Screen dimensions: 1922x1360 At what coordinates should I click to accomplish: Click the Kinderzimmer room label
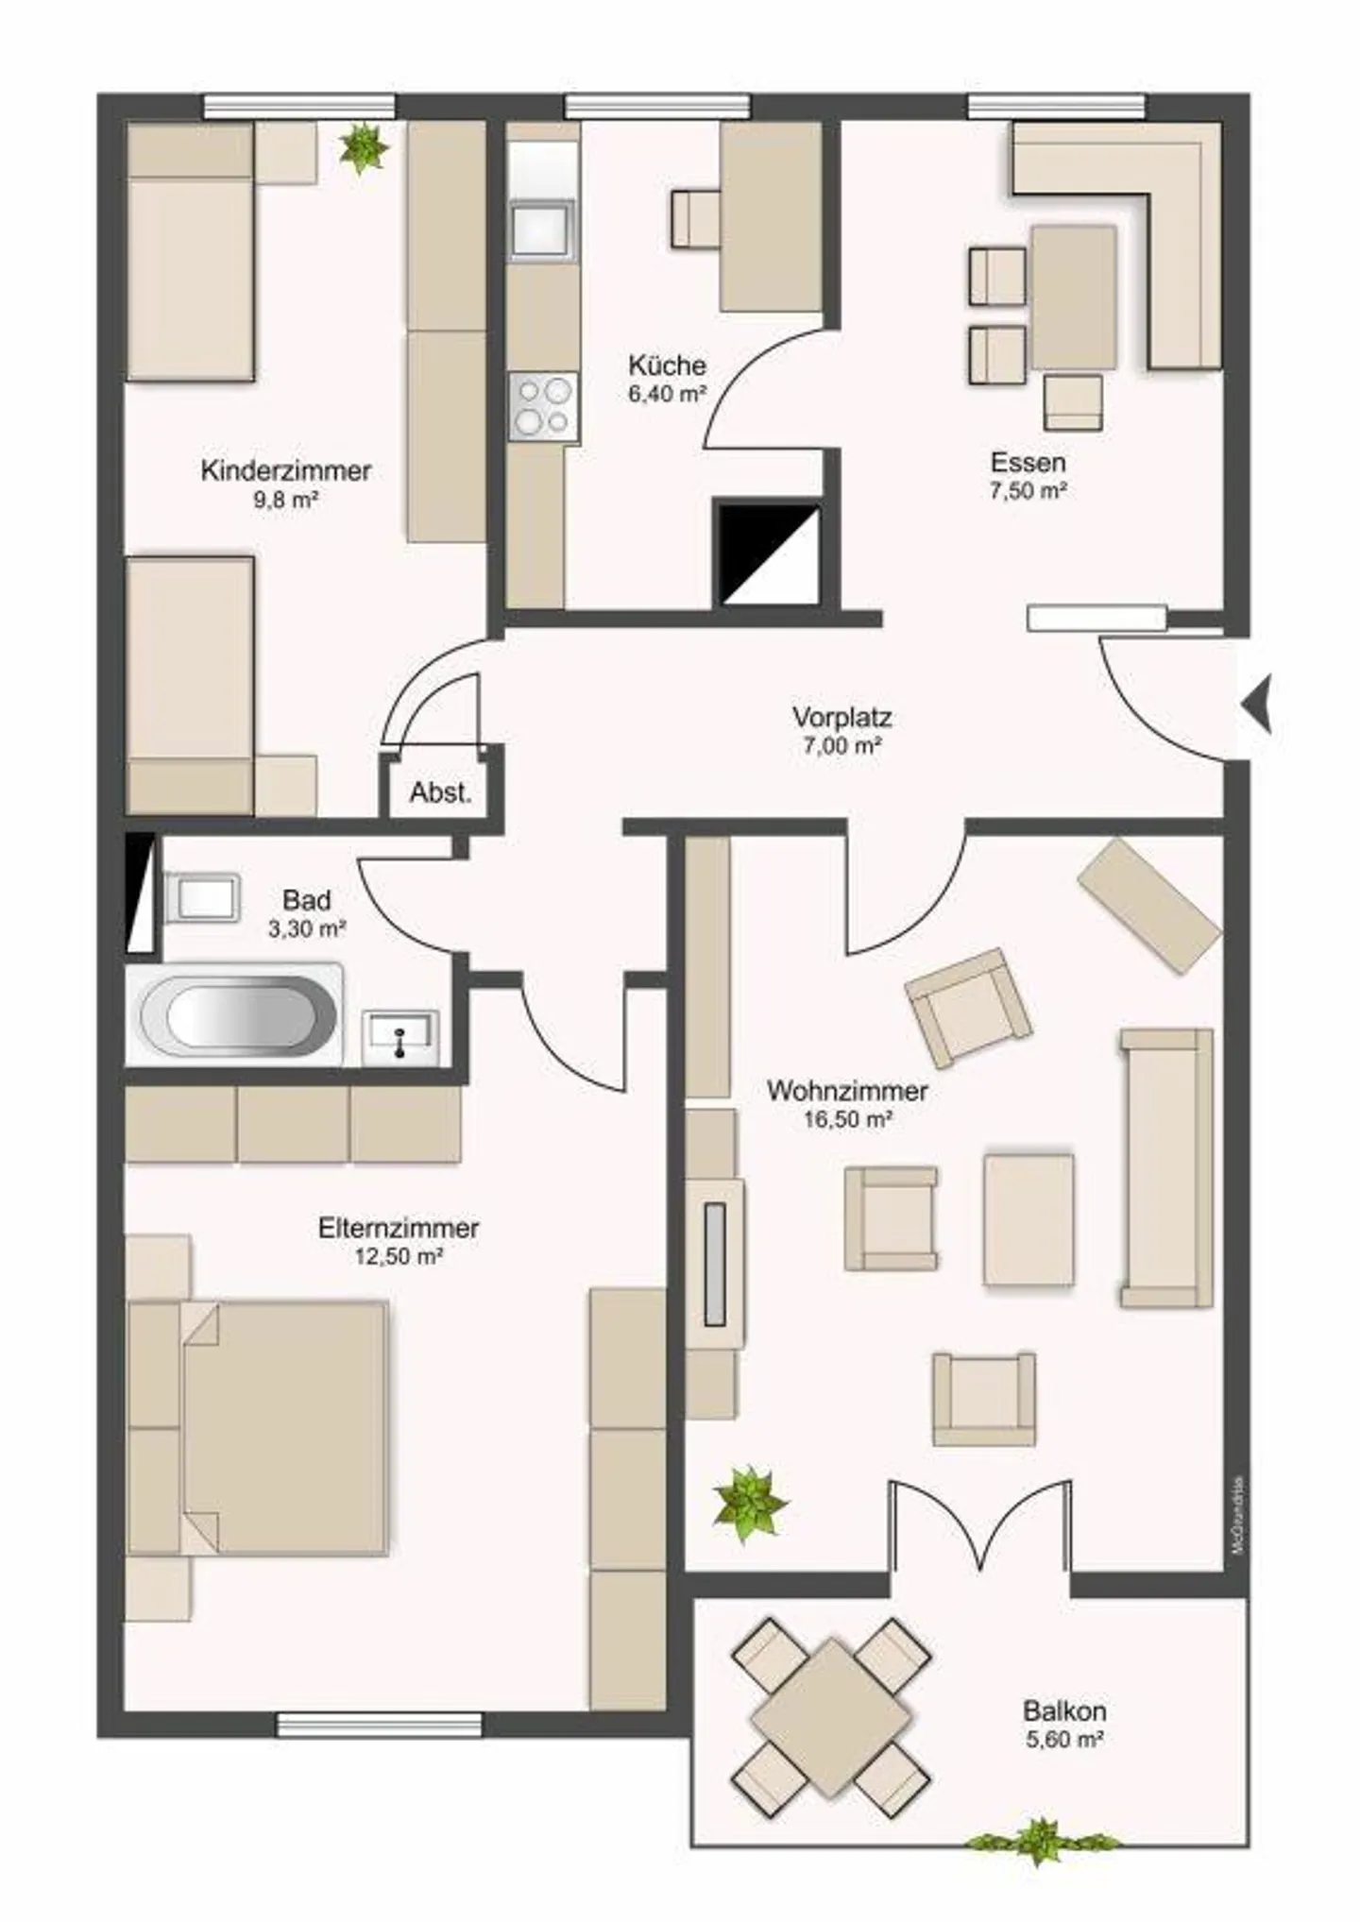tap(285, 470)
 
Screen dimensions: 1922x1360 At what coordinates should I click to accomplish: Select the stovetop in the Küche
tap(542, 407)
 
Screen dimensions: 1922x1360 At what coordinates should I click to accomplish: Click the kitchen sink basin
tap(541, 230)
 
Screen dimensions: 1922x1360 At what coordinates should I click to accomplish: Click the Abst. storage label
tap(440, 792)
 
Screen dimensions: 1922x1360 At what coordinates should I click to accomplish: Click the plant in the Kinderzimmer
tap(364, 147)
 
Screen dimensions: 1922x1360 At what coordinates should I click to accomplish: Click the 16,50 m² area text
tap(847, 1120)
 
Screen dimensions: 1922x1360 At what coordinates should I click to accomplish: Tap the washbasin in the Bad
tap(401, 1036)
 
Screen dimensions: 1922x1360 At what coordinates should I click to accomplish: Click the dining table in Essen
tap(1074, 297)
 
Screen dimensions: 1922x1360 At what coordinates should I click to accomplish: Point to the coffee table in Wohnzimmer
tap(1028, 1219)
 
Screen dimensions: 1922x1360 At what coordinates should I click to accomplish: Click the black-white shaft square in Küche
tap(768, 555)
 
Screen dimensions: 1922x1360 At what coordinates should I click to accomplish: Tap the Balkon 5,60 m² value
tap(1064, 1739)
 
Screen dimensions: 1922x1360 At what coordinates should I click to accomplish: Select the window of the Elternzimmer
tap(380, 1726)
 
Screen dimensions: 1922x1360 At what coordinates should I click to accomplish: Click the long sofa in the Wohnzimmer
tap(1166, 1168)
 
